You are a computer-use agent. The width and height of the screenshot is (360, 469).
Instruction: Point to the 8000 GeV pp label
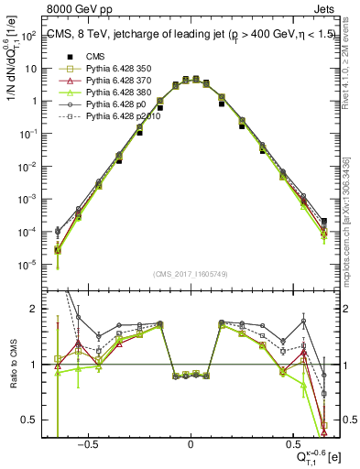click(80, 10)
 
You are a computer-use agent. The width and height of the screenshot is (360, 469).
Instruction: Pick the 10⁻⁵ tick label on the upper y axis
click(28, 265)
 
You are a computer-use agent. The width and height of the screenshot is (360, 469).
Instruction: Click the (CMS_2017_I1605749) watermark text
click(191, 274)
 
